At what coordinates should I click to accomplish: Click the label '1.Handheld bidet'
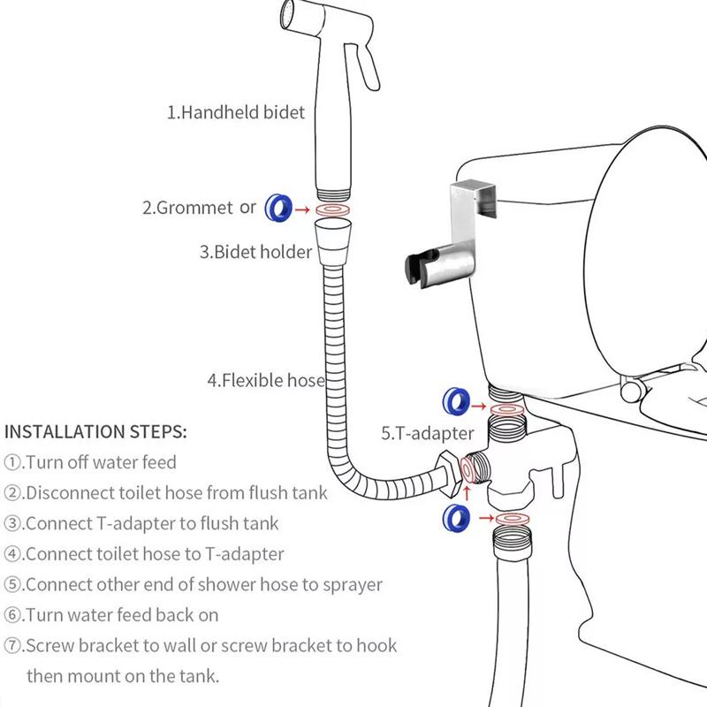pos(236,112)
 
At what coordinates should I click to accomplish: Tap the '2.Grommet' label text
pos(187,208)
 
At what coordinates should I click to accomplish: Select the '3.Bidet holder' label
pos(255,252)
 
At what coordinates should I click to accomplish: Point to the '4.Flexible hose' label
pos(266,381)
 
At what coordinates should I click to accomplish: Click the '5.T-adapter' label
pos(428,433)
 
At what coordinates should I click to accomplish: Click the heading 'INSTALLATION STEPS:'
pos(95,432)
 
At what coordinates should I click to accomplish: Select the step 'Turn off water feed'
pos(91,462)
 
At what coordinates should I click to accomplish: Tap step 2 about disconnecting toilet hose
pos(166,493)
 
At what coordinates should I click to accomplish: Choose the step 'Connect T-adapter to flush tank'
pos(141,523)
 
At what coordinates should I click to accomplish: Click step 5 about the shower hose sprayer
pos(194,584)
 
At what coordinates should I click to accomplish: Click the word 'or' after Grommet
pos(248,208)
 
